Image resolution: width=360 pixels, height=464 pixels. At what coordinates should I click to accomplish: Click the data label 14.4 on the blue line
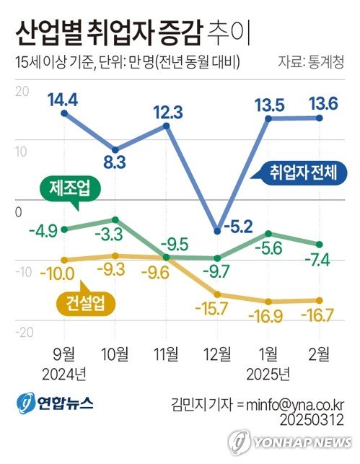click(64, 99)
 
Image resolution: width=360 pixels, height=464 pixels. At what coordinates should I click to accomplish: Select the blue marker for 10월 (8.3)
click(115, 147)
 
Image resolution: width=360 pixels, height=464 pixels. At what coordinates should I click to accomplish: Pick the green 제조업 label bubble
click(69, 190)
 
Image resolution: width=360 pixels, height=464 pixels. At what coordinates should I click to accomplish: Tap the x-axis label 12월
click(217, 354)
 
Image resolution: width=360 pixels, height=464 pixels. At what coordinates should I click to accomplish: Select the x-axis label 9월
click(64, 354)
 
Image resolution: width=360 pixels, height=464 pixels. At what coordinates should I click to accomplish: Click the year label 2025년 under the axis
click(268, 373)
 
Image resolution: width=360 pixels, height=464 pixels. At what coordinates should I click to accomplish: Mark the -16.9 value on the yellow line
click(268, 315)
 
